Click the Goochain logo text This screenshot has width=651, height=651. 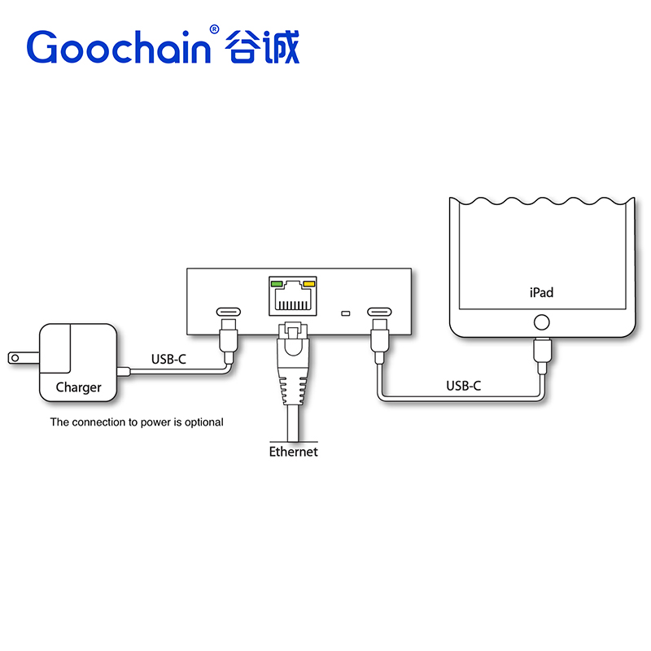118,47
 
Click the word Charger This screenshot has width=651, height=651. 78,387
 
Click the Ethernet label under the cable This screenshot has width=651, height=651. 293,451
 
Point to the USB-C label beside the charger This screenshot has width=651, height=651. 169,358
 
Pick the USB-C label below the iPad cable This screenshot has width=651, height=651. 463,386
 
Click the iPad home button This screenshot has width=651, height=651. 541,321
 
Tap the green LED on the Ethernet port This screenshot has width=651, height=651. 277,285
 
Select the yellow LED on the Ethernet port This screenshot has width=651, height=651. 308,285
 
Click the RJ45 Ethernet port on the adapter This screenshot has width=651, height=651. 292,297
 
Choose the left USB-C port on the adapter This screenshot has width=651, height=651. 229,312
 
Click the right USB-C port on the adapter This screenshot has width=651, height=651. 379,312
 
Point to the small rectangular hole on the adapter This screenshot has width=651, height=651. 345,313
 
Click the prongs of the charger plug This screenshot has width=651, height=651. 15,357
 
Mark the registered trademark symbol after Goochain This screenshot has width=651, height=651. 214,29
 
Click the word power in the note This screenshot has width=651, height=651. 151,422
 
